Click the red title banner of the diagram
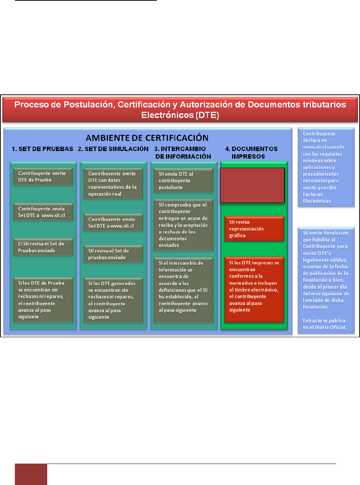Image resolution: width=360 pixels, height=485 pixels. tap(180, 109)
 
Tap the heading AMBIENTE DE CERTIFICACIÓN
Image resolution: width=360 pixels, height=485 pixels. tap(147, 138)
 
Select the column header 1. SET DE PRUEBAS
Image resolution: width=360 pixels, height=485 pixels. tap(42, 149)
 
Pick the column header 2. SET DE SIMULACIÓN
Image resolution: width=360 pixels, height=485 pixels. tap(113, 149)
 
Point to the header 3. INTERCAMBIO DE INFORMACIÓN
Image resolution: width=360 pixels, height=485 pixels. tap(183, 152)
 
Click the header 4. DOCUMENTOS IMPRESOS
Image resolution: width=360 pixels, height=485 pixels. tap(251, 152)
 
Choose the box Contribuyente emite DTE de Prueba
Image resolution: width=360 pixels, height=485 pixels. tap(43, 177)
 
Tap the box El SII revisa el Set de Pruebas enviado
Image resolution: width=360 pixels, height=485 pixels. tap(43, 247)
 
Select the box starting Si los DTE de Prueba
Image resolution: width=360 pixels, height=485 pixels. tap(43, 300)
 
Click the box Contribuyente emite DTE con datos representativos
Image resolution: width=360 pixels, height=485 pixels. tap(113, 184)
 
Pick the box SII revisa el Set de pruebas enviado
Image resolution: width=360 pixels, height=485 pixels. tap(113, 254)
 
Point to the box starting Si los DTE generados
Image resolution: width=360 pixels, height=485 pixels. tap(113, 300)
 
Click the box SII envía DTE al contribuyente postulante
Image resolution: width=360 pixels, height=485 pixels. tap(183, 181)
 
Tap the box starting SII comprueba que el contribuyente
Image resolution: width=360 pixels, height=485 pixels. tap(183, 225)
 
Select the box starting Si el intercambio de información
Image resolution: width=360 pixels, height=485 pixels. tap(183, 287)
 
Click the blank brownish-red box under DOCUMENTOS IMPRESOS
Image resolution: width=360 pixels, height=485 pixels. tap(252, 185)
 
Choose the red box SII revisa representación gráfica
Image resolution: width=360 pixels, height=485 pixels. tap(254, 229)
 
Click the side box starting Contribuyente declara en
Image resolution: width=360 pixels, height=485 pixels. tap(326, 167)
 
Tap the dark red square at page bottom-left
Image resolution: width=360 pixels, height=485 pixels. tap(31, 474)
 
